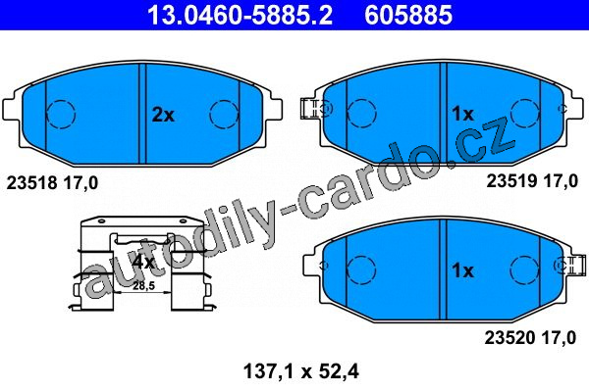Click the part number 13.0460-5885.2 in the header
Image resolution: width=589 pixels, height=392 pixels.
240,15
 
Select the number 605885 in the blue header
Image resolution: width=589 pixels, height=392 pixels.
408,15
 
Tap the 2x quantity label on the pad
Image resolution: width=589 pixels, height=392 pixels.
163,115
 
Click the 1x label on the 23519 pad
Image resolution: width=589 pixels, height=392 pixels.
462,114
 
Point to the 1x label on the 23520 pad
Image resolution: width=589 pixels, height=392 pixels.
462,270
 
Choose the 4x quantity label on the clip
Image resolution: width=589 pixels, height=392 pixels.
143,262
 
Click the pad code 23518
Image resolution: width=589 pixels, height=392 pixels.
32,183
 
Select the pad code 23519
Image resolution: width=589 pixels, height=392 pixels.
511,181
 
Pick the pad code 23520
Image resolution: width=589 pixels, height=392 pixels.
509,337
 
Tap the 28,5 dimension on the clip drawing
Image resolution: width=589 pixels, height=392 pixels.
144,286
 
